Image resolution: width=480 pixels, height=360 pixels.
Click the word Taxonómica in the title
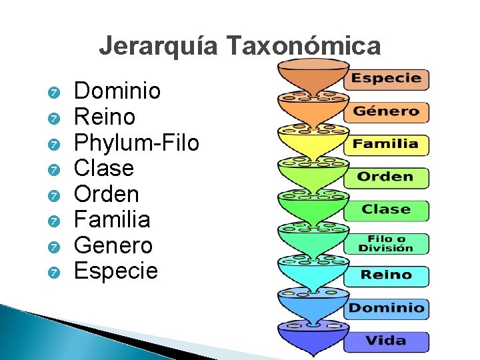tap(303, 47)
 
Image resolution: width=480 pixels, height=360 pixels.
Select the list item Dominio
tap(117, 91)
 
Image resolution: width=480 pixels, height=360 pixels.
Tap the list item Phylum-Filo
tap(136, 142)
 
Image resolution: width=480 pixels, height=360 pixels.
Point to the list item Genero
tap(113, 245)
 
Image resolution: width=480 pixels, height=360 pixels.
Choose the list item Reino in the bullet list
tap(104, 117)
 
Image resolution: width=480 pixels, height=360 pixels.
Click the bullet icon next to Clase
tap(55, 169)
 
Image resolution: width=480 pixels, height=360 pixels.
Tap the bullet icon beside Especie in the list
tap(55, 273)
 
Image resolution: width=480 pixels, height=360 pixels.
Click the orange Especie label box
tap(386, 79)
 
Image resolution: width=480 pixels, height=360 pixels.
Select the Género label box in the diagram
tap(386, 111)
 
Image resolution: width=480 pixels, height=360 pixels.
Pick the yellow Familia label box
tap(386, 144)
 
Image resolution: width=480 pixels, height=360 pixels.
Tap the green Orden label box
tap(386, 177)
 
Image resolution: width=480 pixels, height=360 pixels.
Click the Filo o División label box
tap(386, 243)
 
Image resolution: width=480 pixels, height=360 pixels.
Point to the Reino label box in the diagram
tap(386, 275)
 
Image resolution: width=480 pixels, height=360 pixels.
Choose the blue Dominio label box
tap(386, 308)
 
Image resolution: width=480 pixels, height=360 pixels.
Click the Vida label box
tap(386, 341)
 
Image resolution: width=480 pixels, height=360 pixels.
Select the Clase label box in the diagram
tap(386, 209)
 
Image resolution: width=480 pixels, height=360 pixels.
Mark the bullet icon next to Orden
tap(55, 195)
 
